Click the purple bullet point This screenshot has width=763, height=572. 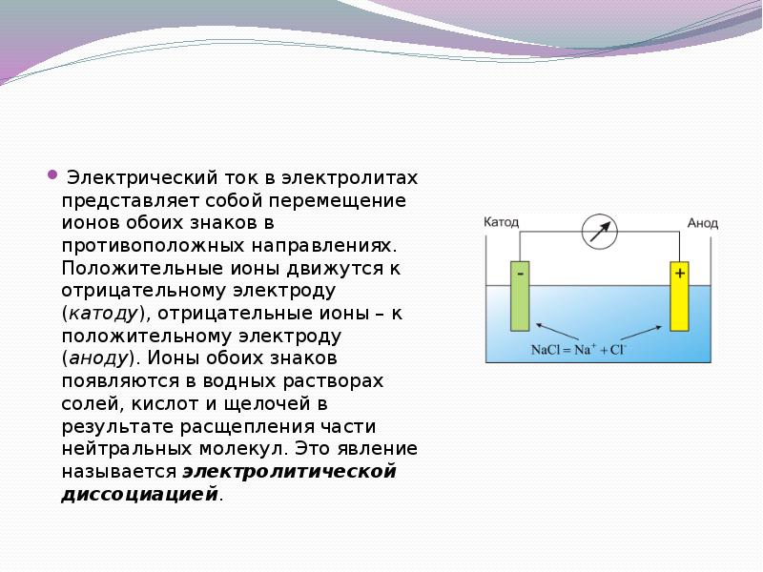click(52, 174)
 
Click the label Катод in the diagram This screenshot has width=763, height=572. click(502, 222)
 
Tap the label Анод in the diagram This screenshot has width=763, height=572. click(702, 223)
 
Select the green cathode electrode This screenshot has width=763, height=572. click(520, 296)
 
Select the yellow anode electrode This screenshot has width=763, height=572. click(679, 296)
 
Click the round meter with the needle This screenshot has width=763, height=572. click(600, 232)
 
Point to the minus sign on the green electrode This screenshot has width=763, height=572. click(520, 274)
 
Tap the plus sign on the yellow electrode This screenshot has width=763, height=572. click(680, 274)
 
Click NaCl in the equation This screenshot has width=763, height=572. click(545, 350)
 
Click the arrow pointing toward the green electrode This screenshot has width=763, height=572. click(557, 331)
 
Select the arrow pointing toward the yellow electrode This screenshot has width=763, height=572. click(641, 333)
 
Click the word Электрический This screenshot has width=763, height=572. click(142, 178)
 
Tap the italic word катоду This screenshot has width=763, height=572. click(104, 314)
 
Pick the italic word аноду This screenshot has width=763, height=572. click(99, 358)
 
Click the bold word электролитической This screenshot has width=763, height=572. click(290, 471)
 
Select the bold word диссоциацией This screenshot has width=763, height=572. click(139, 494)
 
